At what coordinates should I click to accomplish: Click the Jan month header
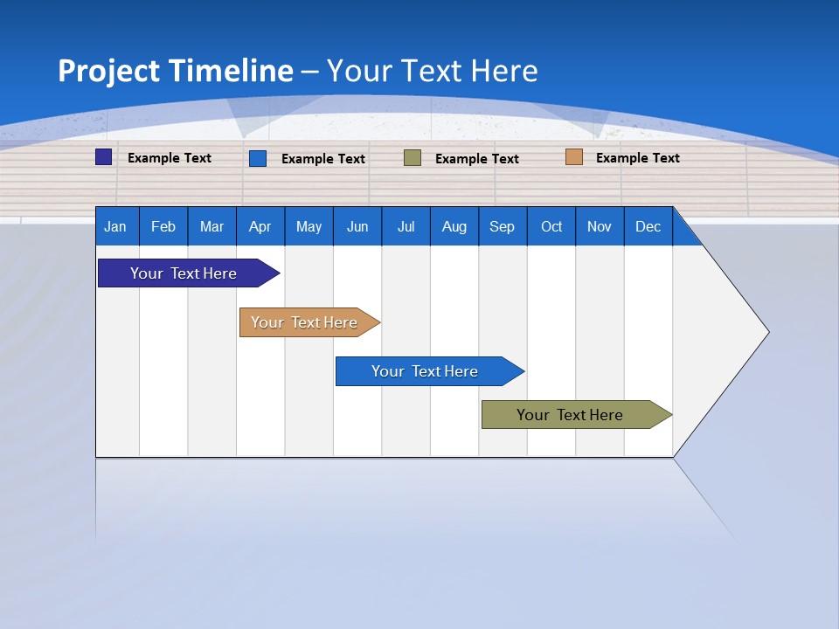point(115,227)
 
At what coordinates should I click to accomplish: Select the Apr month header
point(260,227)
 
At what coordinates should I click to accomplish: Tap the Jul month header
point(406,227)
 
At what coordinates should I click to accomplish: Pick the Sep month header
point(502,227)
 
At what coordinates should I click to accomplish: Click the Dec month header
point(648,227)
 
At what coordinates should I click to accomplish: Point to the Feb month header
point(163,227)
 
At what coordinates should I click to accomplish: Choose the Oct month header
point(551,227)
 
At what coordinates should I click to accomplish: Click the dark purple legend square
point(104,157)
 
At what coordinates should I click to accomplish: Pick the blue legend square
point(258,158)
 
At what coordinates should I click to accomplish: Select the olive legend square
point(413,158)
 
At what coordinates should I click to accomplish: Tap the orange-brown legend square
point(573,157)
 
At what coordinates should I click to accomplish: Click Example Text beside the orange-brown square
point(637,158)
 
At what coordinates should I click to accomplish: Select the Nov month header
point(600,227)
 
